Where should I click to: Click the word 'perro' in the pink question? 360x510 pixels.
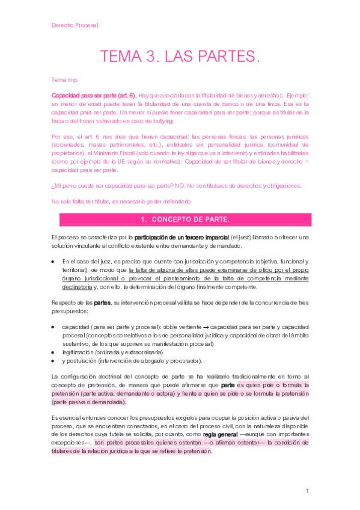[x=72, y=186]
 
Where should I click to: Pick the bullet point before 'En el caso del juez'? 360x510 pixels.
[x=54, y=262]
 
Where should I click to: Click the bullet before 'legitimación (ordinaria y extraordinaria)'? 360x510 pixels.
[x=54, y=352]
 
